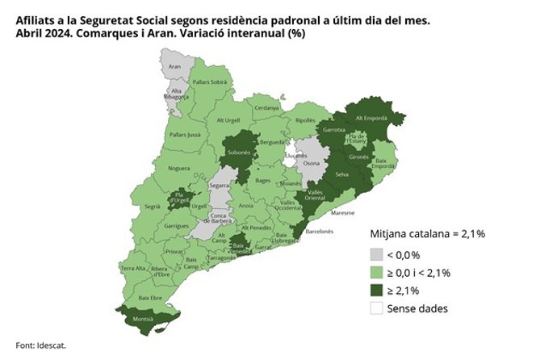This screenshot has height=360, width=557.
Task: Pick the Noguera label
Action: click(x=179, y=169)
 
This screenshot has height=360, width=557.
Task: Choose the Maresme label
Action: click(x=343, y=214)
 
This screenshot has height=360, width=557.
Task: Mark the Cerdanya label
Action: click(x=266, y=107)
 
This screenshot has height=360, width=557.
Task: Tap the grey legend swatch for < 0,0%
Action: click(x=376, y=253)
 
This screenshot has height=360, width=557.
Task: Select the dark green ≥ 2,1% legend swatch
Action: click(x=376, y=290)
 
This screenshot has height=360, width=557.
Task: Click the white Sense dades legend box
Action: click(x=376, y=308)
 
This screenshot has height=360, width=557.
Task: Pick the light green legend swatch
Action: click(x=376, y=272)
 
